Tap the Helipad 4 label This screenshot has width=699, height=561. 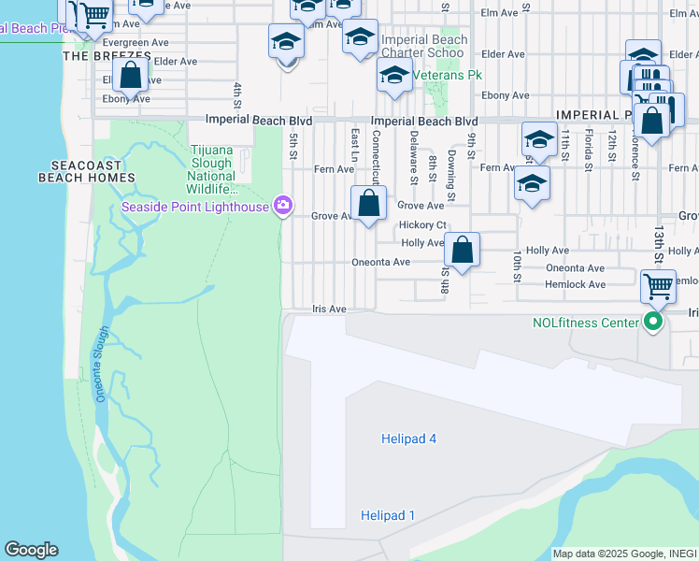[x=408, y=439]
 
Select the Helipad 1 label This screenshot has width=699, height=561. [x=387, y=515]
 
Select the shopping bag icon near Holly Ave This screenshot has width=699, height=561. [x=462, y=250]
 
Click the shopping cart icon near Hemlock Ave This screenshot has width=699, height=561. [x=658, y=284]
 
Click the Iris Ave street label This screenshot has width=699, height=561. [x=329, y=309]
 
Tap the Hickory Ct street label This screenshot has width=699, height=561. [x=422, y=225]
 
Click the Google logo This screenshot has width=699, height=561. [x=31, y=550]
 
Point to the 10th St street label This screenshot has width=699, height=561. [x=516, y=266]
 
